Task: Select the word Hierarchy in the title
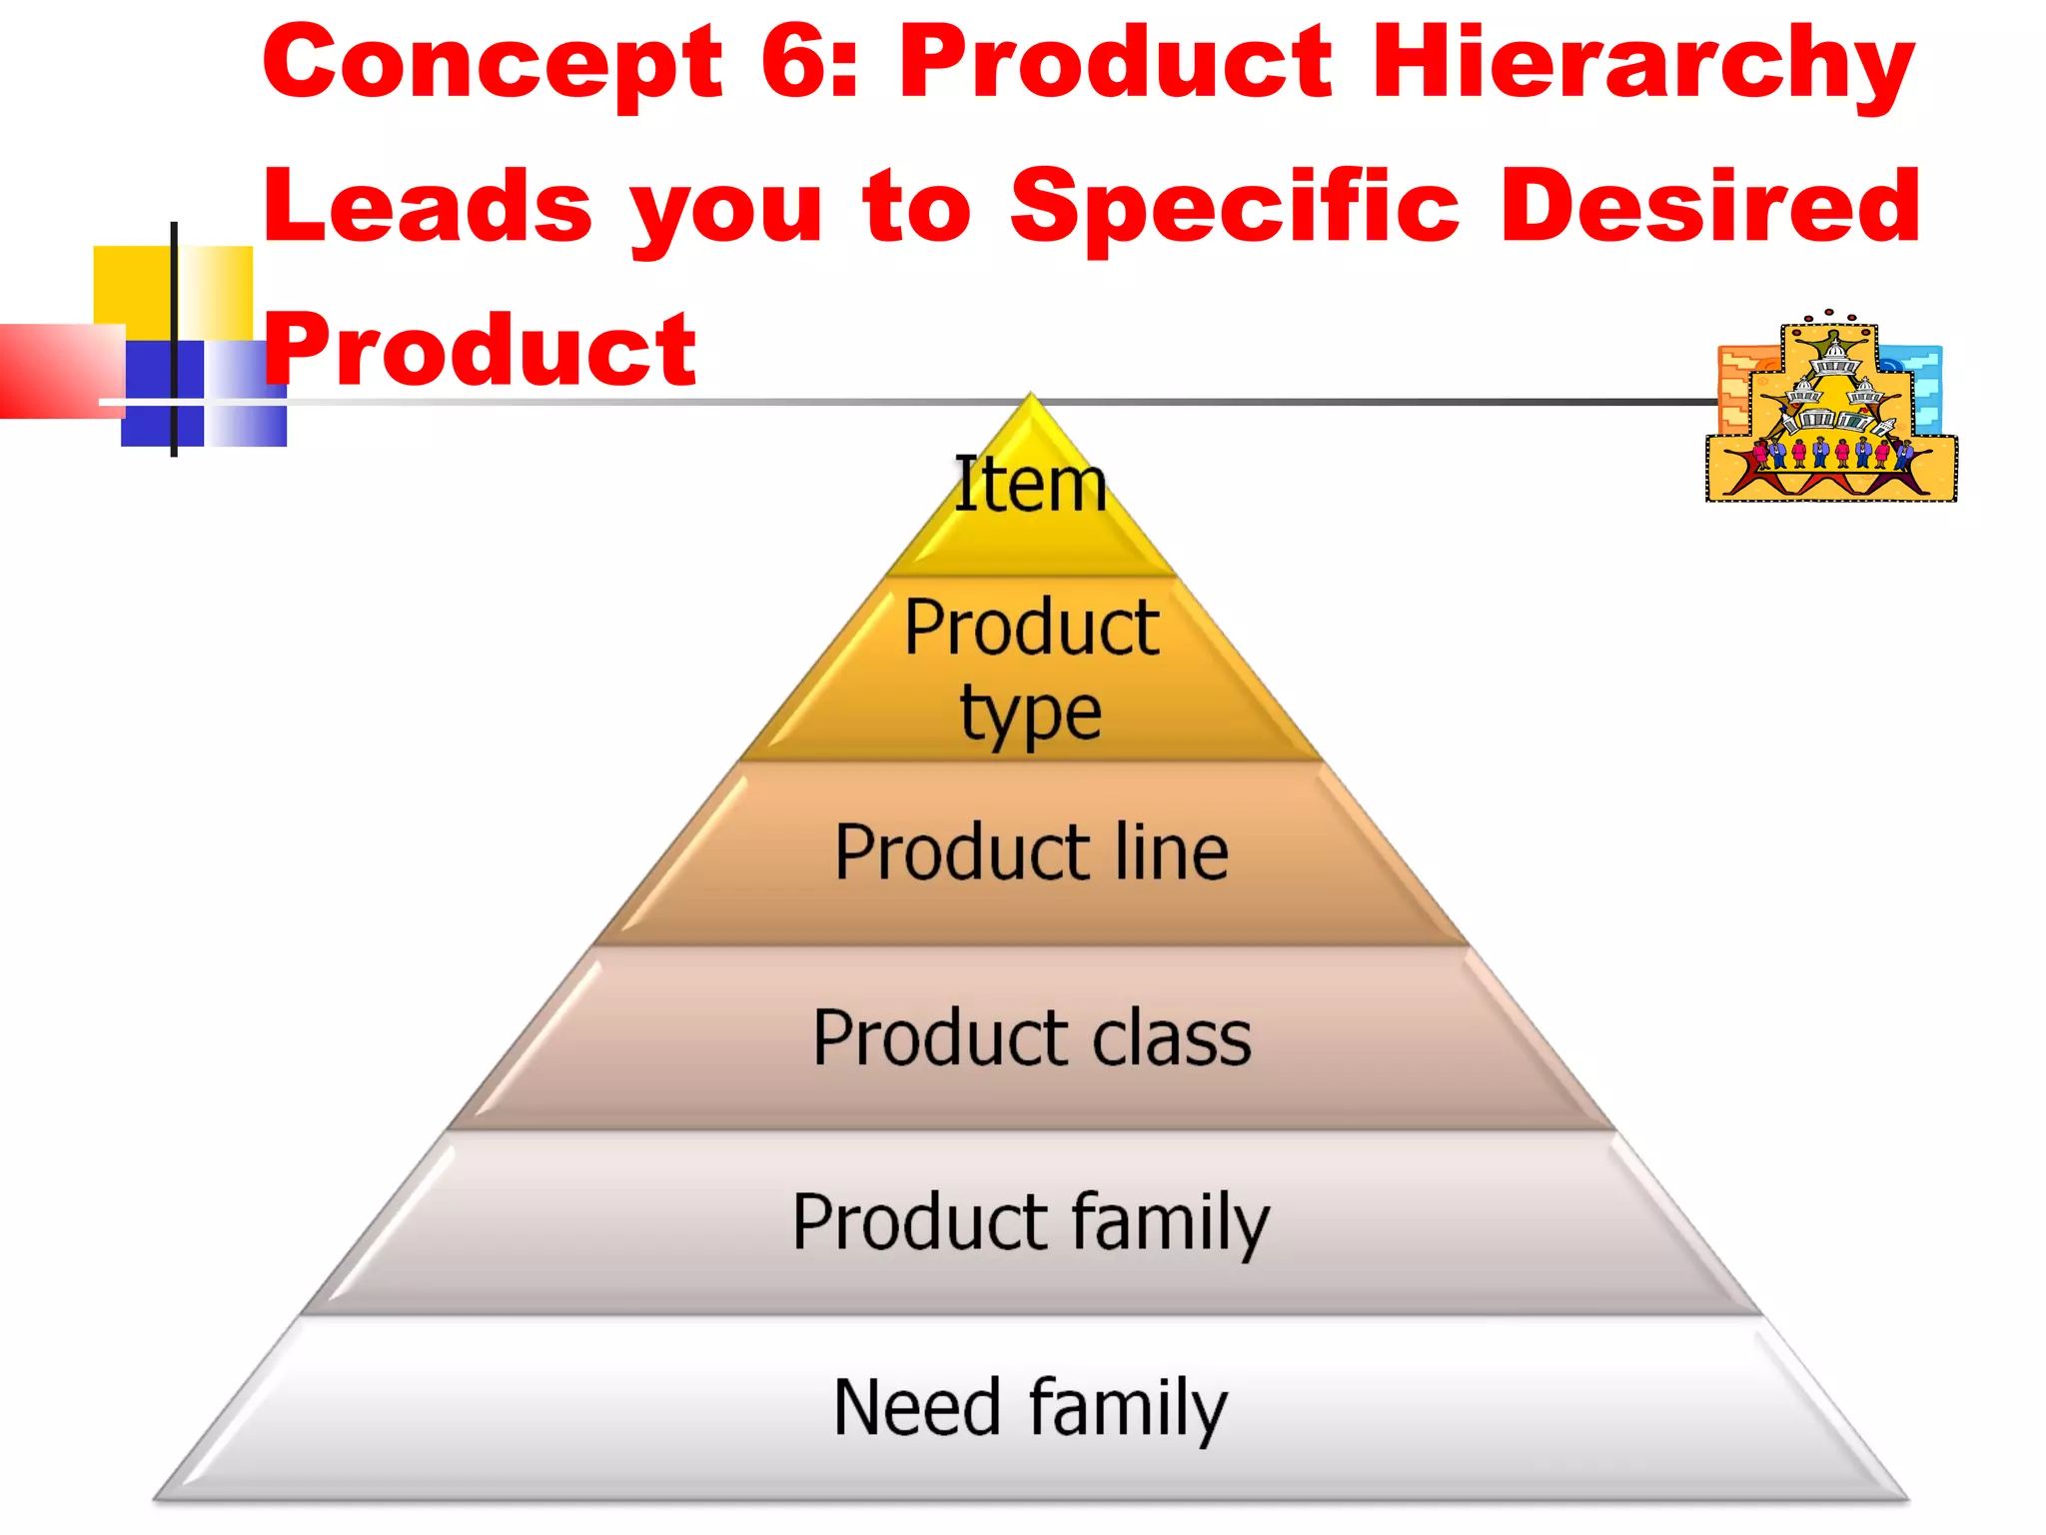pyautogui.click(x=1642, y=64)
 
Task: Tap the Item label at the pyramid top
pyautogui.click(x=1030, y=485)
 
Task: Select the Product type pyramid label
pyautogui.click(x=1031, y=668)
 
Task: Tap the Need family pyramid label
pyautogui.click(x=1031, y=1407)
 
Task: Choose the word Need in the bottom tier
pyautogui.click(x=916, y=1407)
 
